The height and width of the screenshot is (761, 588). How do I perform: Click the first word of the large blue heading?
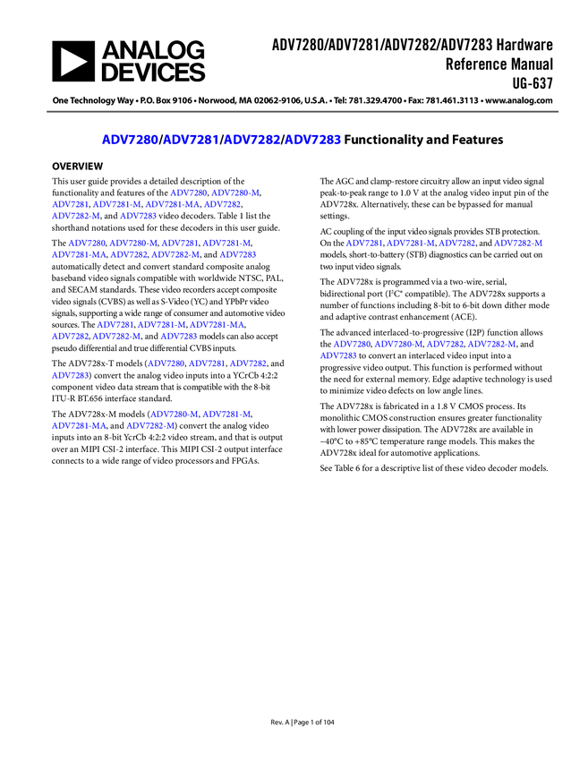tap(129, 140)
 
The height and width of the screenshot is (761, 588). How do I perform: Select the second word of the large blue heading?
tap(191, 140)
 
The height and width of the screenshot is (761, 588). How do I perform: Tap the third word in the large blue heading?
tap(251, 140)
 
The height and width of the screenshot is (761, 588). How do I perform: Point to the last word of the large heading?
tap(313, 140)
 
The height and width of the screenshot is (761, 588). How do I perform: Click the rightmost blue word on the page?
tap(519, 244)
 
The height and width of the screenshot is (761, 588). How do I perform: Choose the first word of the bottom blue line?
tap(78, 426)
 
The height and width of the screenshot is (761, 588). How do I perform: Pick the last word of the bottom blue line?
tap(149, 426)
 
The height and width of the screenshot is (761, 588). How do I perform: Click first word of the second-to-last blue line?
tap(174, 415)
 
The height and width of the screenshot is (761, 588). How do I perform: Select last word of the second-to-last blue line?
tap(226, 415)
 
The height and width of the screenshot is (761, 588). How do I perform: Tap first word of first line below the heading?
tap(187, 193)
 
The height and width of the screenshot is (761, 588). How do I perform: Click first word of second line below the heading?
tap(69, 205)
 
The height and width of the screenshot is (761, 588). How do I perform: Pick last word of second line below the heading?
tap(222, 205)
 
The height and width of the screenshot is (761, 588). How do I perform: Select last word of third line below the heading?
tap(139, 217)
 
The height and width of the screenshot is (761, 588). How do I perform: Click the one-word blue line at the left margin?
tap(69, 376)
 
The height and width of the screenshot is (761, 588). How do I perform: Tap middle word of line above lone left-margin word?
tap(207, 363)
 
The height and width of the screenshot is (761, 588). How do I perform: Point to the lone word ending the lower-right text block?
tap(337, 356)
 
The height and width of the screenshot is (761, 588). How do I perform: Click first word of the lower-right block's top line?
tap(351, 344)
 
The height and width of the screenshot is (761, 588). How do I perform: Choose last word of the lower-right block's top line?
tap(491, 344)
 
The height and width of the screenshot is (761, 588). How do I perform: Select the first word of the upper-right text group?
tap(364, 244)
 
